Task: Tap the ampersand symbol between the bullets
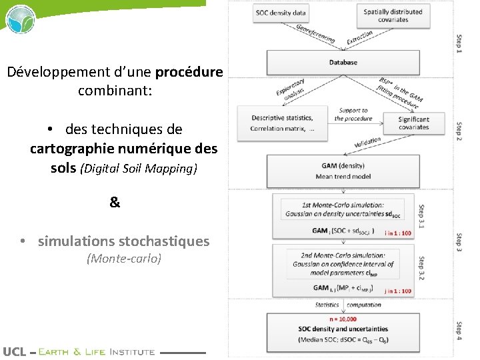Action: pyautogui.click(x=115, y=202)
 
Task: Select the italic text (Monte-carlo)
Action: pyautogui.click(x=124, y=259)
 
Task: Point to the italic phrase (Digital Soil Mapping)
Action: pyautogui.click(x=139, y=169)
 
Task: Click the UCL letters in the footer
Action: pyautogui.click(x=15, y=351)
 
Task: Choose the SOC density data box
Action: pyautogui.click(x=281, y=13)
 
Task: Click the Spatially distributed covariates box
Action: pyautogui.click(x=393, y=16)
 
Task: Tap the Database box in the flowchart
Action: pyautogui.click(x=343, y=63)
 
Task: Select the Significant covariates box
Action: pyautogui.click(x=413, y=123)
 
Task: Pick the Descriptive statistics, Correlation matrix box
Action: pyautogui.click(x=283, y=123)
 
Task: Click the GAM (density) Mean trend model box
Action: pyautogui.click(x=343, y=171)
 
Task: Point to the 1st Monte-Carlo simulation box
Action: pyautogui.click(x=343, y=209)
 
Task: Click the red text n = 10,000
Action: pyautogui.click(x=343, y=319)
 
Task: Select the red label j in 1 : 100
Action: pyautogui.click(x=397, y=291)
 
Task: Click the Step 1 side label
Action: pyautogui.click(x=459, y=44)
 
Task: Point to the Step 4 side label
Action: pyautogui.click(x=459, y=330)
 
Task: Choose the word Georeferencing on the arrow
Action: pyautogui.click(x=315, y=34)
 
